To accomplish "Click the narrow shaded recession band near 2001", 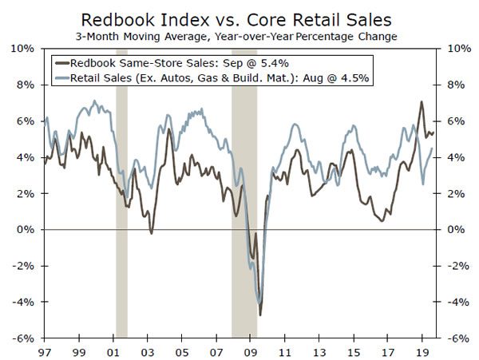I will [x=121, y=192].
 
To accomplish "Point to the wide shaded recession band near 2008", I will [x=244, y=192].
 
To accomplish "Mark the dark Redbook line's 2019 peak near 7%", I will [x=422, y=102].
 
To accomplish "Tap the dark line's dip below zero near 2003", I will [x=151, y=233].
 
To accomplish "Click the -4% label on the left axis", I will [x=23, y=302].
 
